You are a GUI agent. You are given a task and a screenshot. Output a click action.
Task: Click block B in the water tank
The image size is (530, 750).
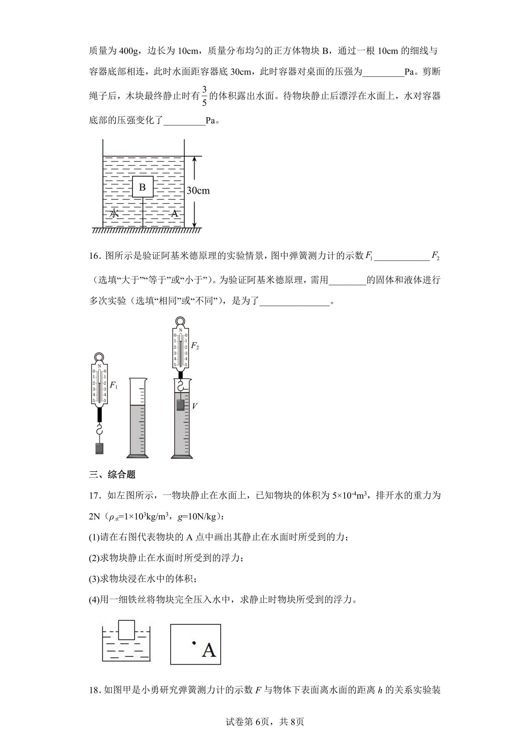[143, 187]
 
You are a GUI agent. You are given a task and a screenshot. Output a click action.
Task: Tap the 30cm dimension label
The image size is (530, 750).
[198, 190]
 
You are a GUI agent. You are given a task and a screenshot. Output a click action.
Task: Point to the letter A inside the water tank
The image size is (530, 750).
[175, 214]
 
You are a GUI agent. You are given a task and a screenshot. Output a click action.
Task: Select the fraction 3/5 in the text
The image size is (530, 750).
[204, 96]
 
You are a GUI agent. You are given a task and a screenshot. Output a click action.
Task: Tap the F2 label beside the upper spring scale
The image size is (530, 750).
[195, 346]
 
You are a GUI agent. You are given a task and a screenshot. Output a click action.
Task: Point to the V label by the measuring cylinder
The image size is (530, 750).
[195, 406]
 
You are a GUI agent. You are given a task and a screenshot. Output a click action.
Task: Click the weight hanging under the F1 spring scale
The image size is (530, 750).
[99, 448]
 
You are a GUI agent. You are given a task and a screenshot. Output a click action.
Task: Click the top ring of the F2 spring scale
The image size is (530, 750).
[180, 322]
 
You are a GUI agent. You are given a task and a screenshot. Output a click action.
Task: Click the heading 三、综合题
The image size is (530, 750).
[112, 474]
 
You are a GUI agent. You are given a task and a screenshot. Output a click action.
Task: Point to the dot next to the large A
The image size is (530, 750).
[194, 643]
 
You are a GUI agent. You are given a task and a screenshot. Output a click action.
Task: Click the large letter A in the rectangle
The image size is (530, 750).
[209, 650]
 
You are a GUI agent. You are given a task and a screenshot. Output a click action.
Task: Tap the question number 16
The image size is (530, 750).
[94, 256]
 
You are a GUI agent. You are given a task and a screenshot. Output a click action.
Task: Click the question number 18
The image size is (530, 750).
[94, 690]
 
